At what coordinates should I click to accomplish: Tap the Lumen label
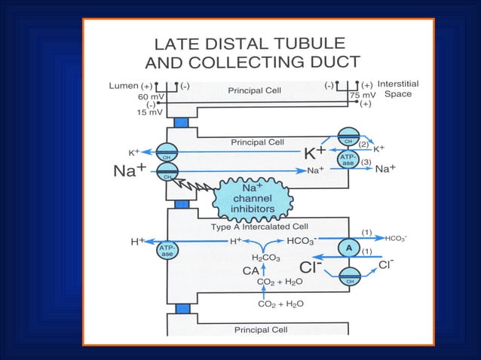coord(124,86)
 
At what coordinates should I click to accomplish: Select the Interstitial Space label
coord(398,89)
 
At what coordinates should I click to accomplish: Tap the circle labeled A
coord(348,246)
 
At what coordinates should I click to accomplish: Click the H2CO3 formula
coord(265,258)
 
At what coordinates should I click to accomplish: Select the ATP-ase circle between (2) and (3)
coord(348,160)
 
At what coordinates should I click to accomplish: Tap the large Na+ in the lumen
coord(129,171)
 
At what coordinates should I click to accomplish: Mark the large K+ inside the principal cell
coord(314,153)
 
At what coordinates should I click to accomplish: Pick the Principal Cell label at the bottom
coord(259,329)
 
